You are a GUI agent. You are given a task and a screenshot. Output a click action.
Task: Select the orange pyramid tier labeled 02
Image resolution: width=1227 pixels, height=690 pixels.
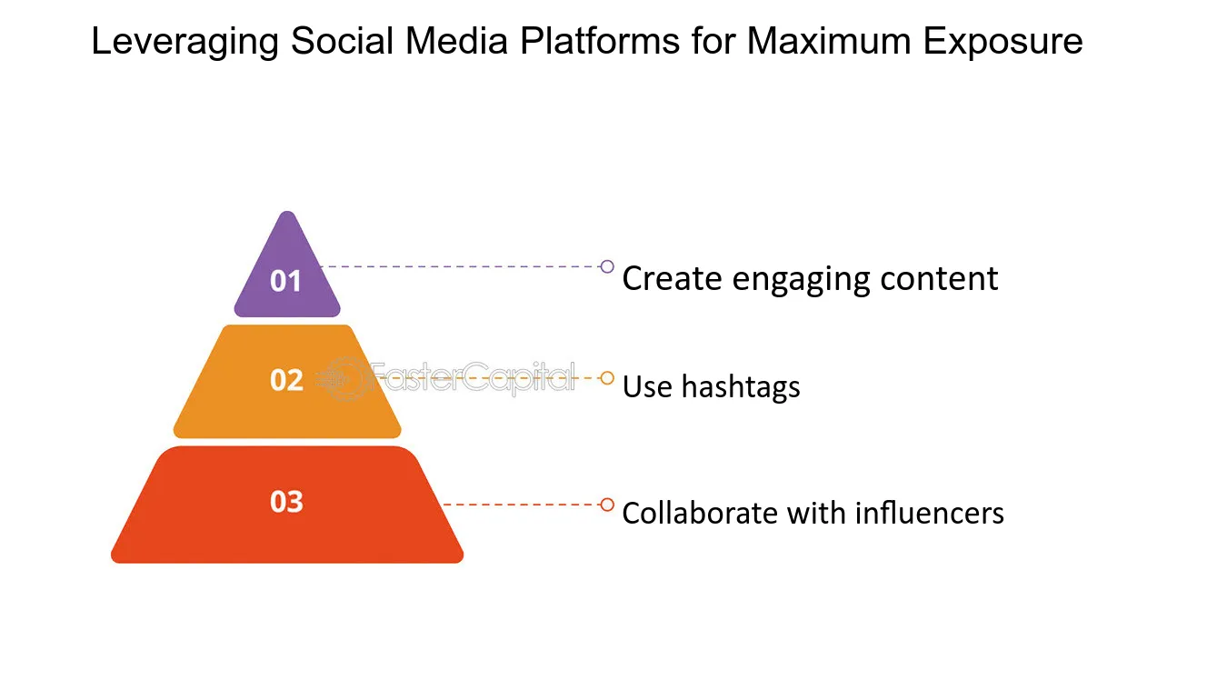pos(287,382)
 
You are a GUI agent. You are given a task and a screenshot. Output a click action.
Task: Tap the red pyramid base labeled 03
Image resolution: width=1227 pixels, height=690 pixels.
pos(287,505)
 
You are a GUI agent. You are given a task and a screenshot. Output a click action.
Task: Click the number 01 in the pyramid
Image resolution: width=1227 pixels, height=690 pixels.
pos(285,281)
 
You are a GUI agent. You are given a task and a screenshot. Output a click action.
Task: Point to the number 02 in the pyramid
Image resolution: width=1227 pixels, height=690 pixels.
pos(286,380)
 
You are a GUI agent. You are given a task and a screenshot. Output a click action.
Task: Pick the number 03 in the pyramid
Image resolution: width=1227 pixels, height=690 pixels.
pos(286,502)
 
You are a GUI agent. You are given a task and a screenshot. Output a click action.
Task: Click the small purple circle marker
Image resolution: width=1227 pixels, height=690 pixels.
pos(607,267)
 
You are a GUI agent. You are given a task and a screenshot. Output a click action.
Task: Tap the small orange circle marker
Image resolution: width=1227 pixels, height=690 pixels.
pos(607,378)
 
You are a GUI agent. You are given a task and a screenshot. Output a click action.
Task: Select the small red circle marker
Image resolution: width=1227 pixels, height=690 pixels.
pos(607,505)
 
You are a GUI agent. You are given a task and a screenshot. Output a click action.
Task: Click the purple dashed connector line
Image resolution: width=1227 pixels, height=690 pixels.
pos(460,267)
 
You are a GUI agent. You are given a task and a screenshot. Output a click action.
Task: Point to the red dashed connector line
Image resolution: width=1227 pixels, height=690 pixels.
pos(522,505)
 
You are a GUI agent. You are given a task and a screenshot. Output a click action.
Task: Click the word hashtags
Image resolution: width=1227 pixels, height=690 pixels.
pos(741,387)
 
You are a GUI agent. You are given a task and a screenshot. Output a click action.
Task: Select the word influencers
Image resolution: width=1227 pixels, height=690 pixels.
pos(930,514)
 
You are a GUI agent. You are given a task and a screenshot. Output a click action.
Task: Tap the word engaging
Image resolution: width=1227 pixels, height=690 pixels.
pos(802,280)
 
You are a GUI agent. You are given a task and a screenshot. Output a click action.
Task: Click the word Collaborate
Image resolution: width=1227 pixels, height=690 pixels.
pos(700,514)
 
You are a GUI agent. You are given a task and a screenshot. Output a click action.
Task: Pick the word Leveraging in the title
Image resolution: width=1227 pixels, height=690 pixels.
pos(185,42)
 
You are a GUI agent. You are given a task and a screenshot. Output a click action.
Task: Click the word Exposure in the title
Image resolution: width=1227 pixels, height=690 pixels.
pos(1003,41)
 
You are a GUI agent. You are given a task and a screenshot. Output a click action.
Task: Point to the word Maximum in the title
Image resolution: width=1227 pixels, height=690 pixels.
pos(829,41)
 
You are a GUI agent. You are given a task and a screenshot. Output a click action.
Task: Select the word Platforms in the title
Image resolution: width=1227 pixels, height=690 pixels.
pos(599,41)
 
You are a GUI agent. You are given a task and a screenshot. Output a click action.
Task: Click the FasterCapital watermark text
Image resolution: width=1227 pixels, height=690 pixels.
pos(474,377)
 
